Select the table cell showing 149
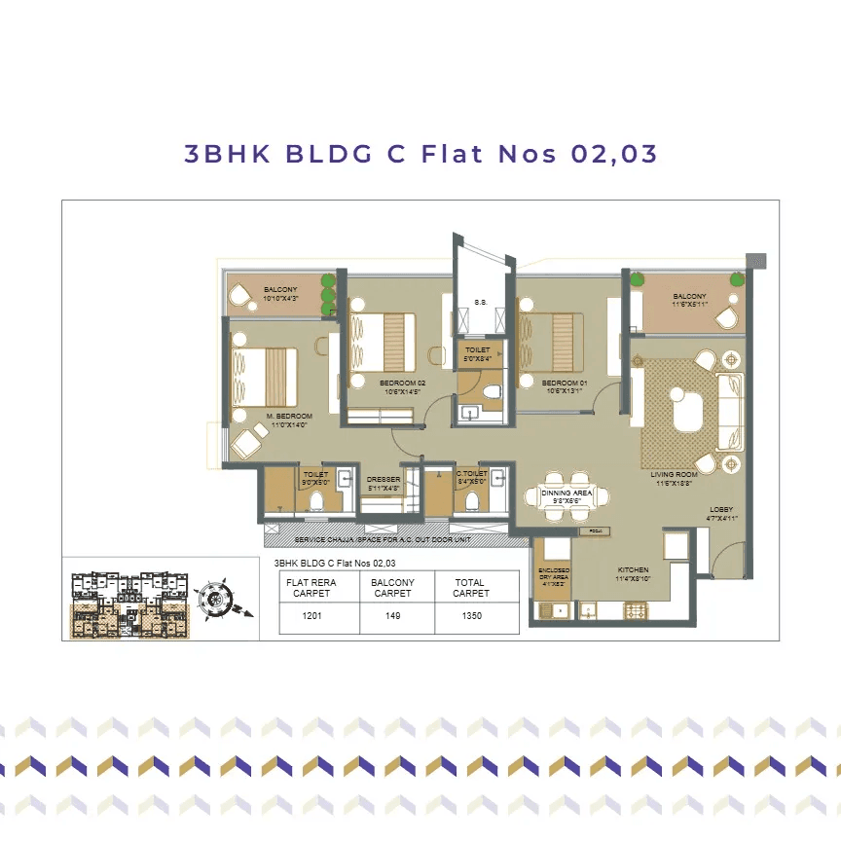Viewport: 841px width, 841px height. (x=393, y=616)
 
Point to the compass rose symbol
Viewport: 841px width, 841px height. (x=213, y=599)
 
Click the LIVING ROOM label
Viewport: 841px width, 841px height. (x=670, y=478)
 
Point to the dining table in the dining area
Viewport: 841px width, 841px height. (x=567, y=495)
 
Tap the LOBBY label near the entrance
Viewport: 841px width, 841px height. (x=721, y=513)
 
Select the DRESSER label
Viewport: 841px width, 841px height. (x=384, y=483)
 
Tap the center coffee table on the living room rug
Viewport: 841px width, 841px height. (x=688, y=409)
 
